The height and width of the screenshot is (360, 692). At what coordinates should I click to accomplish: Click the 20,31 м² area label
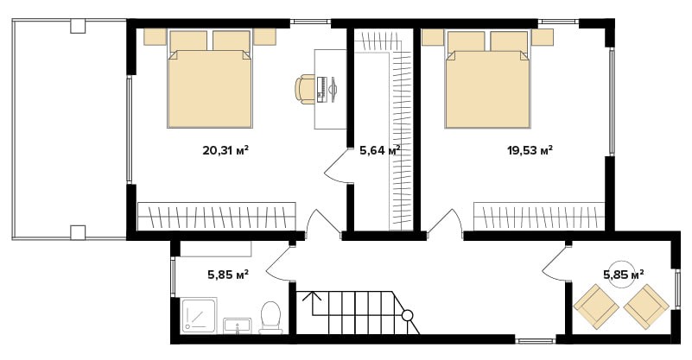tap(225, 151)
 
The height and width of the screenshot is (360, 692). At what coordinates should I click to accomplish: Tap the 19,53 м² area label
tap(530, 151)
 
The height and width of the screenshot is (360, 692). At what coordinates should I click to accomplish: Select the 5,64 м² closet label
tap(380, 151)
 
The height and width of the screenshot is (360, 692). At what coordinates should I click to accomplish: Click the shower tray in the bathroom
tap(199, 315)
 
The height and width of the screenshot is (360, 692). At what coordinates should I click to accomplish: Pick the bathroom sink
tap(238, 326)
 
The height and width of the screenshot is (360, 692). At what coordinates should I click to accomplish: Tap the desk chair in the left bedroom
tap(304, 90)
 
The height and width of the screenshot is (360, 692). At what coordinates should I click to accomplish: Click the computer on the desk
tap(327, 90)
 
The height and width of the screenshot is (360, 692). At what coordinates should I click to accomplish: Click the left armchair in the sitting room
tap(596, 306)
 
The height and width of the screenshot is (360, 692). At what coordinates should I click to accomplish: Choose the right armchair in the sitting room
tap(646, 306)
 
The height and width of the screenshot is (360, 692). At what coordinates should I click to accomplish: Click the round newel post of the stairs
tap(408, 315)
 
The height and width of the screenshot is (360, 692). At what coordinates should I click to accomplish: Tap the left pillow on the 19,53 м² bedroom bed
tap(466, 42)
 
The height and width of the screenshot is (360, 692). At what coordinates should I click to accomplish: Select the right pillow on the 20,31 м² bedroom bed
tap(232, 41)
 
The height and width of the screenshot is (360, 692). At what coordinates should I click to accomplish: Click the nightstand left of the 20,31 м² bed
tap(155, 36)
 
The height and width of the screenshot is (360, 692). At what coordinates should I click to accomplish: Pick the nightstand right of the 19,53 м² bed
tap(543, 36)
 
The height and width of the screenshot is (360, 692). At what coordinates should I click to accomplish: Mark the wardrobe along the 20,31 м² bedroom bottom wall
tap(217, 216)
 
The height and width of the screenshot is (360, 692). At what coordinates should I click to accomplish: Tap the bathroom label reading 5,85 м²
tap(228, 275)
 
